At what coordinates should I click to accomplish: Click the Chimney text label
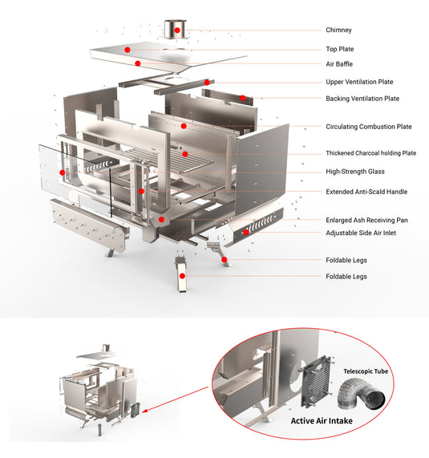point(338,30)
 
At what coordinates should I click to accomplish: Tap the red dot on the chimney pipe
point(176,30)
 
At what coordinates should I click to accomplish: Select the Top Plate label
point(340,49)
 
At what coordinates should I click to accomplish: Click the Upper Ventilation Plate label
point(359,82)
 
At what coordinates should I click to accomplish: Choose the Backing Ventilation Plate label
point(362,99)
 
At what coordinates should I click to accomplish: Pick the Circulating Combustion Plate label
point(368,127)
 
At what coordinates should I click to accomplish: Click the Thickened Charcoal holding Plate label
point(371,153)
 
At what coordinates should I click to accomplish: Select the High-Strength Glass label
point(355,172)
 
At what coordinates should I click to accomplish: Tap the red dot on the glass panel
point(63,172)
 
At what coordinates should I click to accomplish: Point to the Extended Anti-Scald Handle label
point(366,192)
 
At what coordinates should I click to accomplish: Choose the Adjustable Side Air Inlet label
point(360,233)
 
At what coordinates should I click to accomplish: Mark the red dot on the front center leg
point(182,275)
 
